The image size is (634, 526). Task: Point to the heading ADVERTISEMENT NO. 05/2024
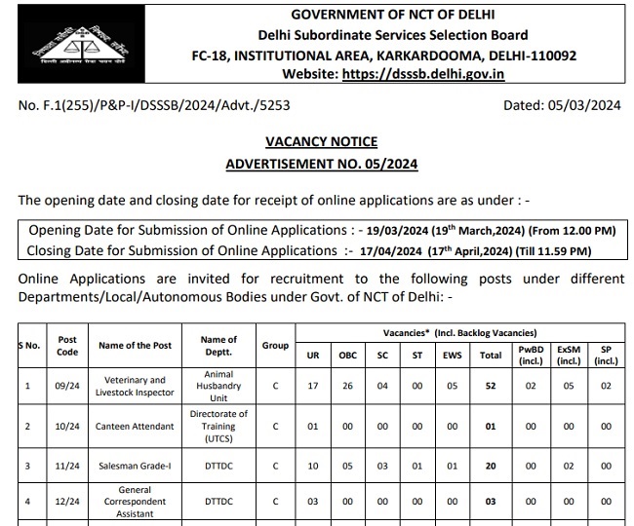click(321, 164)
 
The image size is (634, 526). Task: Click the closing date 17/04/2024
click(386, 251)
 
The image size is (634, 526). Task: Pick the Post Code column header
click(68, 346)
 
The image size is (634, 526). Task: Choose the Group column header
click(275, 346)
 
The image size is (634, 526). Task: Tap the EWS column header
click(453, 356)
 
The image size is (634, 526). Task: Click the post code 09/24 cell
click(68, 386)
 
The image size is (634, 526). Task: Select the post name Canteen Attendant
click(135, 426)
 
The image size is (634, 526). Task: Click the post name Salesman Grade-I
click(135, 467)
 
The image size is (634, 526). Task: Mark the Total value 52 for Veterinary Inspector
click(491, 386)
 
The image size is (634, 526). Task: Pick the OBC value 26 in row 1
click(347, 386)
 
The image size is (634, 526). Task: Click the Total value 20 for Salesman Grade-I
click(491, 467)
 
